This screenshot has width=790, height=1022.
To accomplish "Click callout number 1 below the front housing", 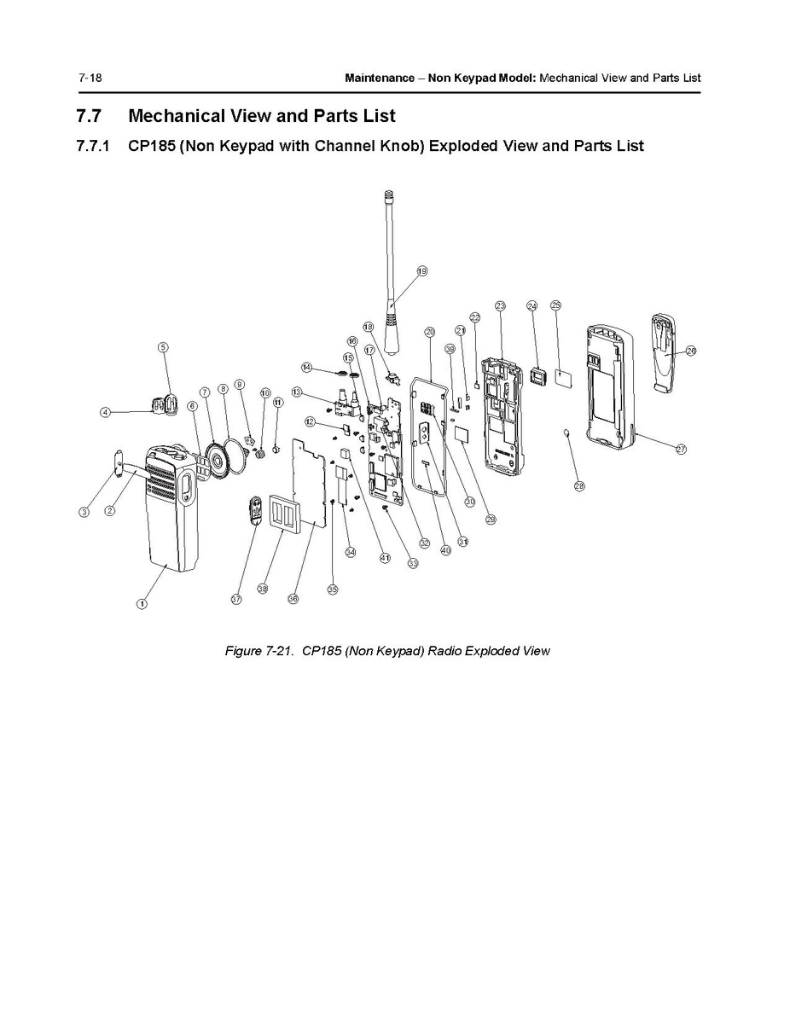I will (142, 604).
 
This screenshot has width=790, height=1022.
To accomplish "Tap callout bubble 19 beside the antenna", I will (421, 271).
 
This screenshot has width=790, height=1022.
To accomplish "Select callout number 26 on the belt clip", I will (690, 350).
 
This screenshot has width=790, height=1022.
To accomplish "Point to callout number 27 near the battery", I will (681, 450).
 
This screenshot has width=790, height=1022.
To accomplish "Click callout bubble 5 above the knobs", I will (163, 346).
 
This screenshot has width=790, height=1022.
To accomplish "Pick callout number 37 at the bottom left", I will (236, 600).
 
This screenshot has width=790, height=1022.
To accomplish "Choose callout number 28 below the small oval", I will (579, 486).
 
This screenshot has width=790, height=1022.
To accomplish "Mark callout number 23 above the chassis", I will (500, 305).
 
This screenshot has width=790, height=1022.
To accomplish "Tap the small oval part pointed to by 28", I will (567, 434).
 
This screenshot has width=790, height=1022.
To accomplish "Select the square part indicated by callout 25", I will (563, 375).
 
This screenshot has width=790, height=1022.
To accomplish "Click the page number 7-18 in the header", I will (90, 78).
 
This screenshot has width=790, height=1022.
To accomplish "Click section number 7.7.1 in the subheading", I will (93, 146).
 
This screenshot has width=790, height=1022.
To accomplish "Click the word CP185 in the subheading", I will (151, 146).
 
